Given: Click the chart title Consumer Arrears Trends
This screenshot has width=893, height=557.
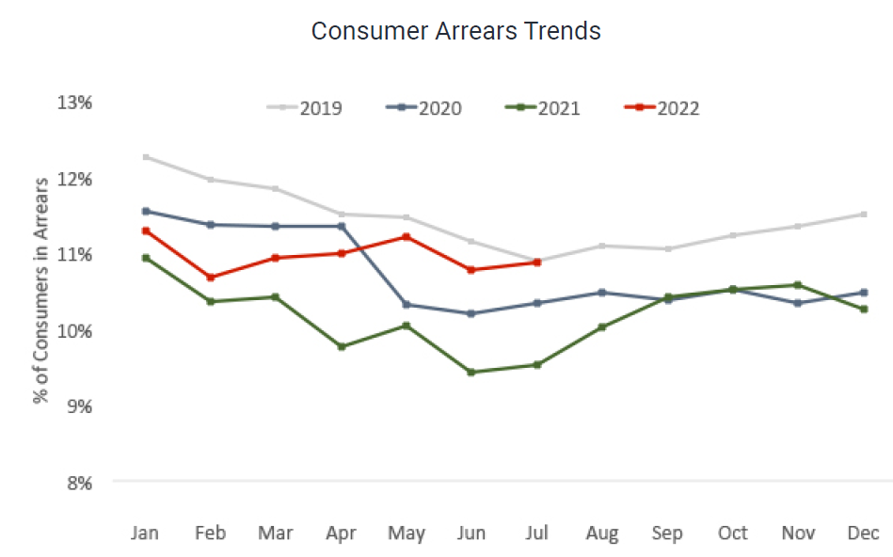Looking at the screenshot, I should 455,31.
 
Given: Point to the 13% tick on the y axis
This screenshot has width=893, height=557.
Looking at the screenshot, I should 74,102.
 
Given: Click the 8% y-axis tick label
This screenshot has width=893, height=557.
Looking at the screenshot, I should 78,483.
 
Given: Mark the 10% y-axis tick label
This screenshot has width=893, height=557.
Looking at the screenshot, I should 74,330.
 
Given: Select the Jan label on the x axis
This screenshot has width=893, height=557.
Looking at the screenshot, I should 145,533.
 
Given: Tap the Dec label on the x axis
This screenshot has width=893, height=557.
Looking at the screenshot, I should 863,533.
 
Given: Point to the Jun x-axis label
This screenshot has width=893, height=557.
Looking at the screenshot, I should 471,533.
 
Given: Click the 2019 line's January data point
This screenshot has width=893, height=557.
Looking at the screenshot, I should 146,157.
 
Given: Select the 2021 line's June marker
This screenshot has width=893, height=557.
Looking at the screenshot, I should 471,372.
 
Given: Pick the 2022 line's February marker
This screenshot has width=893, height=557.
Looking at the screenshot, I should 211,278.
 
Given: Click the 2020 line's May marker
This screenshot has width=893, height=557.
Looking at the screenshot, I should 407,304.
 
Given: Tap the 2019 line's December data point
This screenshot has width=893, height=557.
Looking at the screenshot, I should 863,215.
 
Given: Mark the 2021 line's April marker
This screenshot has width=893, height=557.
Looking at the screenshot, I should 342,346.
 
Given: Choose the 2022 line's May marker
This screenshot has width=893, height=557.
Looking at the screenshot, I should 407,237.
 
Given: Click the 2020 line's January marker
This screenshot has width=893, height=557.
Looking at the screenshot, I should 146,211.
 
